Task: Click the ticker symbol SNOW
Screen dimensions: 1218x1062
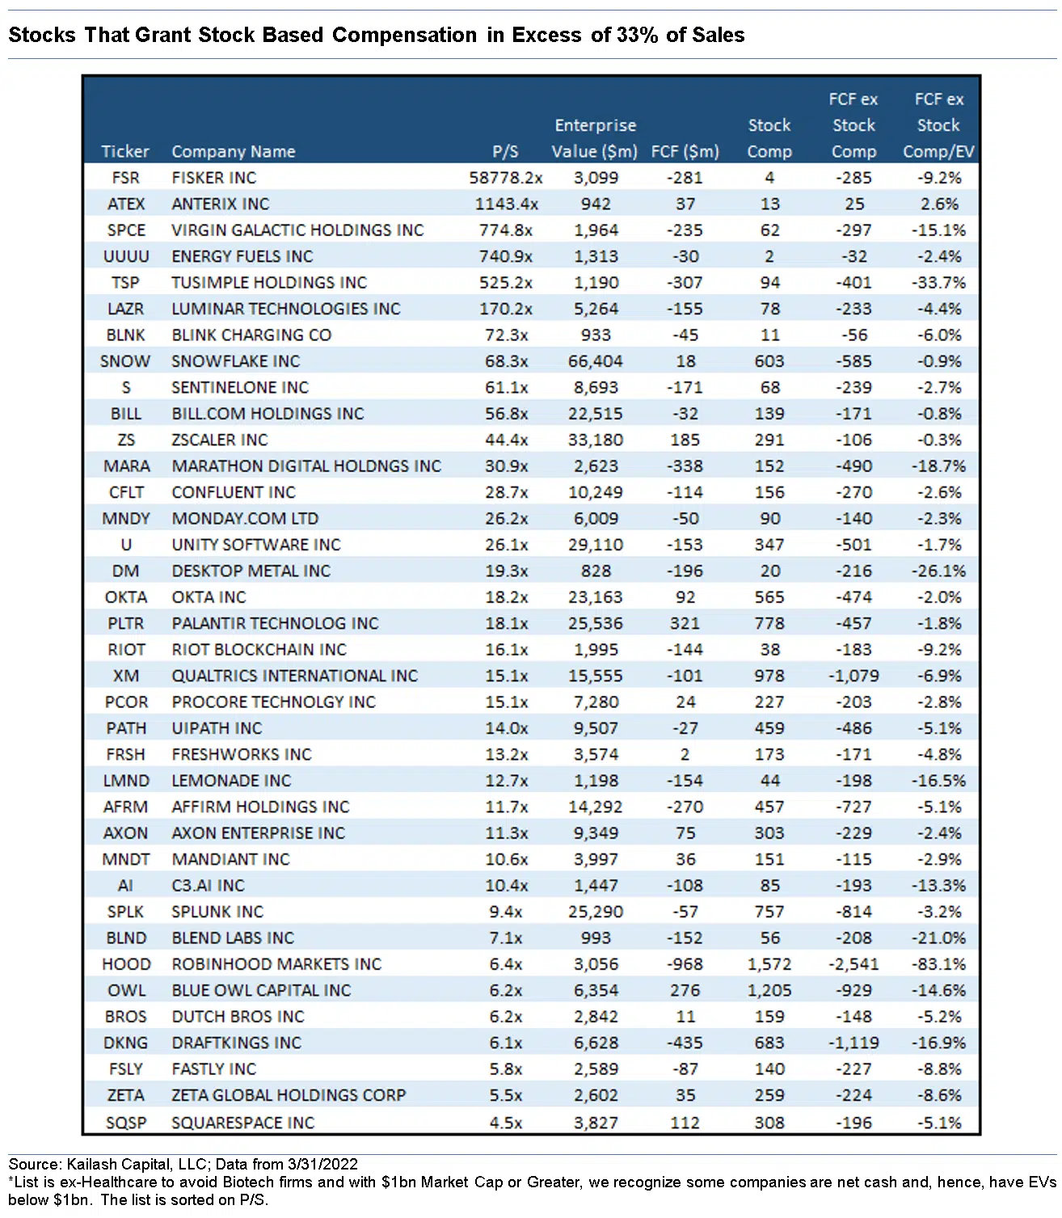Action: (125, 361)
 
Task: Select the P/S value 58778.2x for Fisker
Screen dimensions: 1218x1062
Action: (506, 178)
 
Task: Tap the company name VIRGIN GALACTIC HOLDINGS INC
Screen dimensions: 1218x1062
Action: (297, 230)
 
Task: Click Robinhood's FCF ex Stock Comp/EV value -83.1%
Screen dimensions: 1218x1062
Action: (938, 964)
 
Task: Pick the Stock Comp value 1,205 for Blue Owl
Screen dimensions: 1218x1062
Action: (769, 990)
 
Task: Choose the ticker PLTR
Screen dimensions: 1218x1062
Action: (125, 623)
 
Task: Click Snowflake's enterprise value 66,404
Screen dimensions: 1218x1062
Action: (596, 361)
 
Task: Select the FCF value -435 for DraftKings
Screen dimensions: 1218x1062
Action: (685, 1043)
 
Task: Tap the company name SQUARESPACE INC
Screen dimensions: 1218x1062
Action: (243, 1122)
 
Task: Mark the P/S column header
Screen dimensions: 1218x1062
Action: (506, 151)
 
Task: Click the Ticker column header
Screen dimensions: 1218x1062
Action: (125, 151)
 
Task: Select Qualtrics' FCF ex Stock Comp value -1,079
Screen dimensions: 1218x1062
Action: (853, 676)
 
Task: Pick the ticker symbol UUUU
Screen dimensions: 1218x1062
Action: (126, 256)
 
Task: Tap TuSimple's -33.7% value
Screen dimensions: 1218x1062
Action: (938, 283)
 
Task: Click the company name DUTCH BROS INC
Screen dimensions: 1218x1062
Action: (238, 1017)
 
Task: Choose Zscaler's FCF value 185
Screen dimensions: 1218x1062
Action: (685, 440)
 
